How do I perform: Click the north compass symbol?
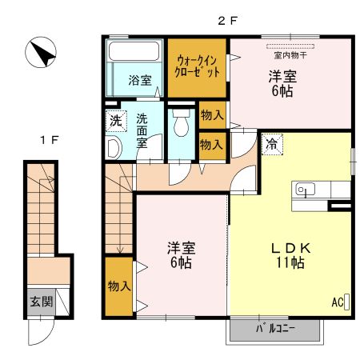41,52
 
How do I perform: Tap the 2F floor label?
227,21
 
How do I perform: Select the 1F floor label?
50,140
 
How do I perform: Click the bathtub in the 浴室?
134,50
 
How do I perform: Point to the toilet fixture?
181,122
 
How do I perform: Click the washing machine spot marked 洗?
116,121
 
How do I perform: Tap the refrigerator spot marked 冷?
272,144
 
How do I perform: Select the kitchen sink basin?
306,190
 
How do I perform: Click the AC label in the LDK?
338,302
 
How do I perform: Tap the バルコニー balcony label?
275,329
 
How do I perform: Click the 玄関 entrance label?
42,302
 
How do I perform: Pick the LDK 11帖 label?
290,255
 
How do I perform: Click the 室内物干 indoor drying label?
290,55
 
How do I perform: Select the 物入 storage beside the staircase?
119,286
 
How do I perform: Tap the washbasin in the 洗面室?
114,147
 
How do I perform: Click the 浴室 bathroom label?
140,80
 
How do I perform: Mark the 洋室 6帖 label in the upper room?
282,84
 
